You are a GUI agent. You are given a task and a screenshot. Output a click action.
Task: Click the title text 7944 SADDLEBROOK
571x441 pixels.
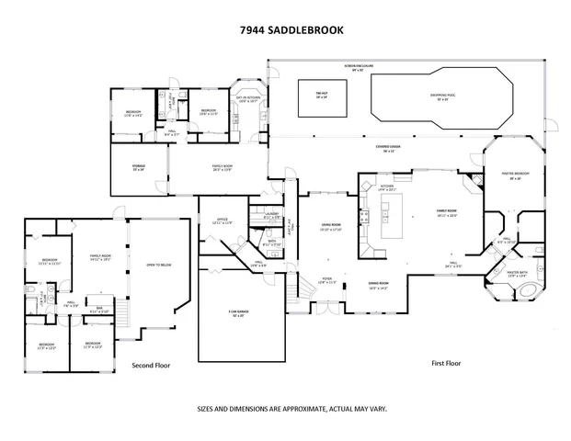(x=284, y=29)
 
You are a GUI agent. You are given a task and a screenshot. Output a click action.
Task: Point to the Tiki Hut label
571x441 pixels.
(x=322, y=96)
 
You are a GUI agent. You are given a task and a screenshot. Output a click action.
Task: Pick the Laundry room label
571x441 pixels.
(x=271, y=215)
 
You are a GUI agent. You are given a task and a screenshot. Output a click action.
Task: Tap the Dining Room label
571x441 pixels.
(x=378, y=285)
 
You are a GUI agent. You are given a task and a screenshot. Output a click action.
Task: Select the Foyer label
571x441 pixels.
(x=326, y=280)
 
